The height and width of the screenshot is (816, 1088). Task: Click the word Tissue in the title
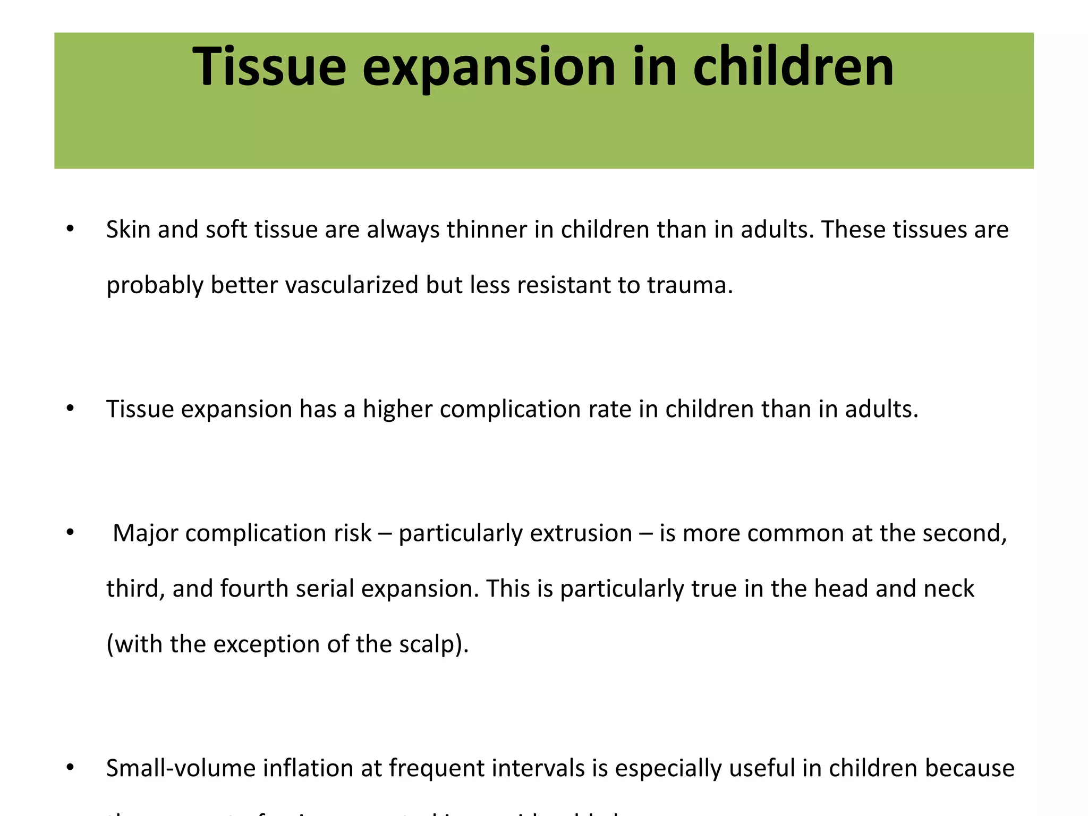point(269,67)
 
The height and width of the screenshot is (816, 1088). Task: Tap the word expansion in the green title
point(488,68)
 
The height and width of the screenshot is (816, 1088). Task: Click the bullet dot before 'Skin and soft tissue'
point(70,229)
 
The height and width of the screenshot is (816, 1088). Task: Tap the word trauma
point(689,285)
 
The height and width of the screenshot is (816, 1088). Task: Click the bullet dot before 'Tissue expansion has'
point(70,409)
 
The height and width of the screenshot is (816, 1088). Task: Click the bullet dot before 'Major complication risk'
point(70,533)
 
